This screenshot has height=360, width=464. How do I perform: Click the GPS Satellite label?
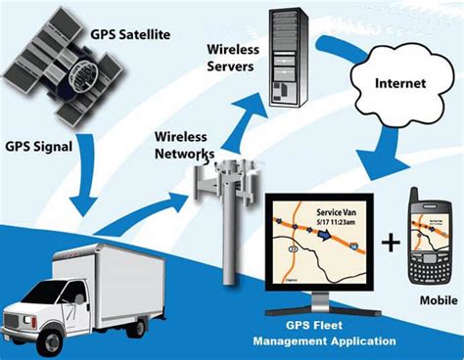pyautogui.click(x=142, y=35)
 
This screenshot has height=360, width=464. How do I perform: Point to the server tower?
pyautogui.click(x=297, y=54)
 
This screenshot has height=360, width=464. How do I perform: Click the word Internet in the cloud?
pyautogui.click(x=400, y=83)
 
